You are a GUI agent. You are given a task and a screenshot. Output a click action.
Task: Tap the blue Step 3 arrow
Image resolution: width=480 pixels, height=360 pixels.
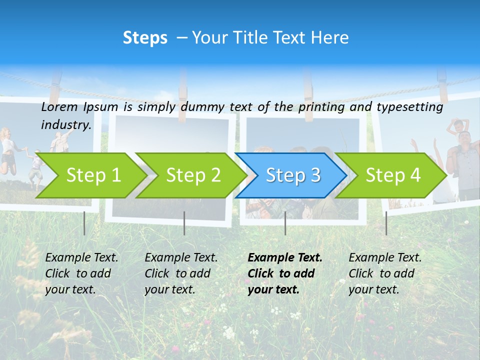click(x=292, y=175)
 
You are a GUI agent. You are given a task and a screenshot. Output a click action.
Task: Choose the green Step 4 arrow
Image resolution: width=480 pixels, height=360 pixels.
click(x=392, y=175)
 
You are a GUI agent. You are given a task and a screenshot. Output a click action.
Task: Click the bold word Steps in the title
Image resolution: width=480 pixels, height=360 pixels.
click(x=145, y=38)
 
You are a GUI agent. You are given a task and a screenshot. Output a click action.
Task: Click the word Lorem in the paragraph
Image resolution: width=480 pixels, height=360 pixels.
click(x=59, y=106)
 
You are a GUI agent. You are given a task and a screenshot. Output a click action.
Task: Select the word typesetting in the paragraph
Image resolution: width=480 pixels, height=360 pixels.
click(x=409, y=106)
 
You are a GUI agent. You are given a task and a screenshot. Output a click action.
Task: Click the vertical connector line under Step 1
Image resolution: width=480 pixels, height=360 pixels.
click(x=84, y=223)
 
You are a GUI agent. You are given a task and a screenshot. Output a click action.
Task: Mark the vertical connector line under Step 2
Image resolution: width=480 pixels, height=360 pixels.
click(x=184, y=223)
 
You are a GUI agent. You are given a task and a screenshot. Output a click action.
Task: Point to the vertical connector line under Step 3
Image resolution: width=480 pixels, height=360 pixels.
click(x=285, y=223)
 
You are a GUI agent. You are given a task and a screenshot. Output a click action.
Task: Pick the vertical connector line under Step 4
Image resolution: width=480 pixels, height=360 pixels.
click(x=386, y=223)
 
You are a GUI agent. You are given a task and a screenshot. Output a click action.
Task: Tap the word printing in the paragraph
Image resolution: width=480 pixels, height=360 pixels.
click(x=321, y=106)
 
